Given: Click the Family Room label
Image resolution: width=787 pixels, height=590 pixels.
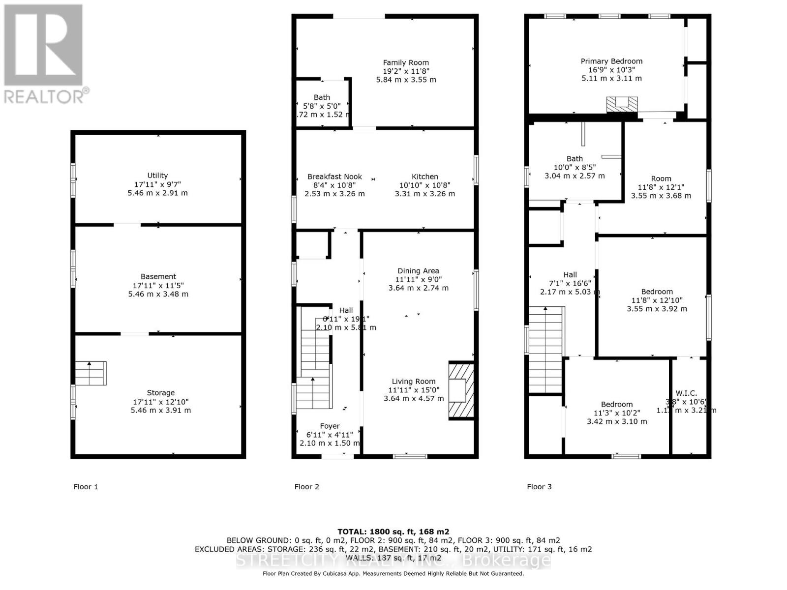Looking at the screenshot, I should pos(406,62).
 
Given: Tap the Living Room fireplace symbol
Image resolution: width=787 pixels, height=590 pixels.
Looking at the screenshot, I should pos(461,391).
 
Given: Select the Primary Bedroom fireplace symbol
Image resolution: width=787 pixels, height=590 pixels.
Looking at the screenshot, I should pos(621,104).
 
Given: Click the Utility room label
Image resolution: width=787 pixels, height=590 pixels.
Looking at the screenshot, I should pos(157,176).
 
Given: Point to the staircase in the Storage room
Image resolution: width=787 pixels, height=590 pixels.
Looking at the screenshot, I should pos(91,374).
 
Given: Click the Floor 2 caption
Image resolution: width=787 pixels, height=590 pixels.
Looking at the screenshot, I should pos(306,487).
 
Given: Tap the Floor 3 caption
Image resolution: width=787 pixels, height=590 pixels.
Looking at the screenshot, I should pos(539,487).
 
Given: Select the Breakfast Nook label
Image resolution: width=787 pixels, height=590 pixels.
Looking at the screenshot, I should pos(334,177).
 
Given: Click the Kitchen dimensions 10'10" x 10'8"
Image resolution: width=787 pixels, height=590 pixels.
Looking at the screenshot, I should pos(424,185).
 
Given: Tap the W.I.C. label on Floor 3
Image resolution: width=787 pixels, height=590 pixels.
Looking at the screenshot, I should pos(686,393).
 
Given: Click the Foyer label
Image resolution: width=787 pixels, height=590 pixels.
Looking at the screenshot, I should pos(330,426).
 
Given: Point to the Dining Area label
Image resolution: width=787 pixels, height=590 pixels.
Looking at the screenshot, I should pos(418,271).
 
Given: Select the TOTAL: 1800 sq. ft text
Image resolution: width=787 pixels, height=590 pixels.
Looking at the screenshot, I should pos(393,531).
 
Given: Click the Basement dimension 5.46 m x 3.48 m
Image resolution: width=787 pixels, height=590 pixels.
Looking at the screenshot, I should pos(158,294).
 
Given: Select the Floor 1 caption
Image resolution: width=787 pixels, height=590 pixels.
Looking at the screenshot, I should pos(86,487).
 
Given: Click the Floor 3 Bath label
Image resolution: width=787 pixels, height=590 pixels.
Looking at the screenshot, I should pos(575,159).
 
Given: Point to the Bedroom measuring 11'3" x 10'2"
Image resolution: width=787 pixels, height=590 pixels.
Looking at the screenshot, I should pos(617,404).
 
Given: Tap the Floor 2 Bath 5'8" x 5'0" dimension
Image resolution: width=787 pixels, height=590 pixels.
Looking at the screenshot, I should pos(322,106).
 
